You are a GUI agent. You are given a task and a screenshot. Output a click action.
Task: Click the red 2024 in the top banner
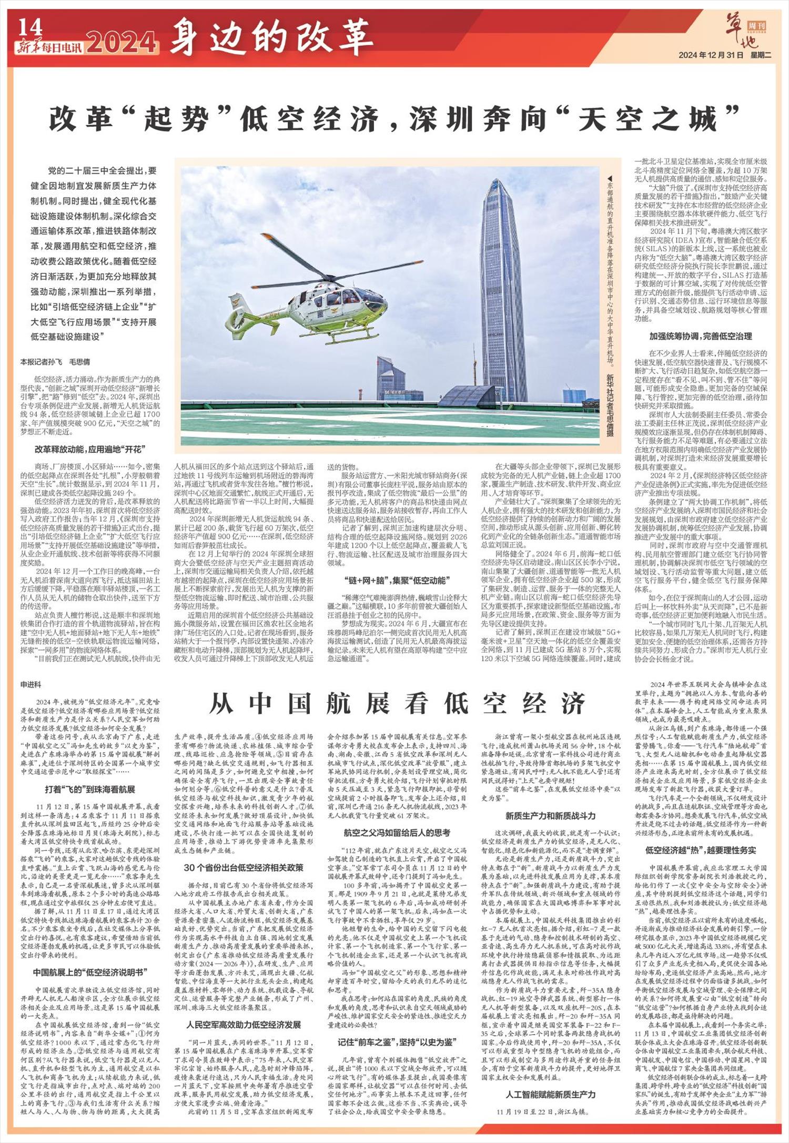point(122,44)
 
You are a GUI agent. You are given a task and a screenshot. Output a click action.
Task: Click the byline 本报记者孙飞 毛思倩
point(55,362)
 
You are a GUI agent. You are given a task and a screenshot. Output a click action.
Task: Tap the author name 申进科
point(31,685)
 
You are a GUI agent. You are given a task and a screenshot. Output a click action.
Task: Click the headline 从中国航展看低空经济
point(397,703)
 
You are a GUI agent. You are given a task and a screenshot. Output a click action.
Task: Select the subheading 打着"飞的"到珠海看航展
point(90,789)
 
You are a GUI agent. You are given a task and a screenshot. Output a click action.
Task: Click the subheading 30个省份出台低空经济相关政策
point(244,867)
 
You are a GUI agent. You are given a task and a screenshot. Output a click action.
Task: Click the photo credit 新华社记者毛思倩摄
point(610,405)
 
